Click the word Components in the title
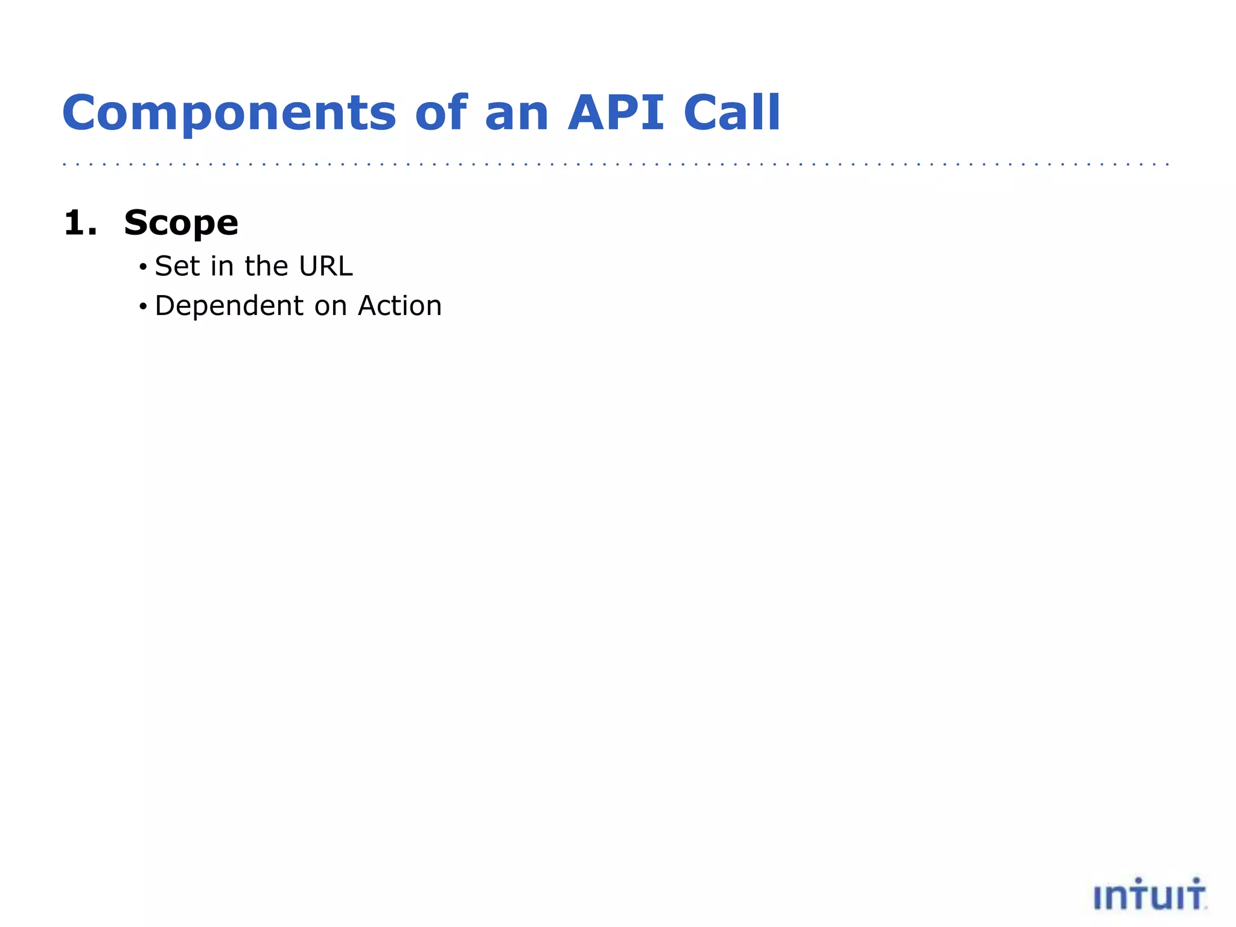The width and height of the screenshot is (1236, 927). [x=229, y=113]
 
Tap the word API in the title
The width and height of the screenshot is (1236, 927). [x=616, y=113]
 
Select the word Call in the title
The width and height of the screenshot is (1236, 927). [x=732, y=113]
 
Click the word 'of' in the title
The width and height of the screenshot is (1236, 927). [x=441, y=113]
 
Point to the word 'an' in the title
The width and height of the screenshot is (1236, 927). [x=517, y=113]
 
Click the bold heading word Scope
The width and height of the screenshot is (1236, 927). [x=181, y=223]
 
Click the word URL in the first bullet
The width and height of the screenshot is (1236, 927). [x=326, y=266]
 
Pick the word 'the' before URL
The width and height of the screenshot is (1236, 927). [x=266, y=266]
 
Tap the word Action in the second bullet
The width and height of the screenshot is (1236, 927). [x=400, y=305]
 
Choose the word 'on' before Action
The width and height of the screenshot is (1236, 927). [x=330, y=307]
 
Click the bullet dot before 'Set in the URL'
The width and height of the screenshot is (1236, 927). [x=142, y=267]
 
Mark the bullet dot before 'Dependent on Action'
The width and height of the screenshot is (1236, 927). [x=142, y=307]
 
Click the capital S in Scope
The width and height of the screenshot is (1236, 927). [x=136, y=223]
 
